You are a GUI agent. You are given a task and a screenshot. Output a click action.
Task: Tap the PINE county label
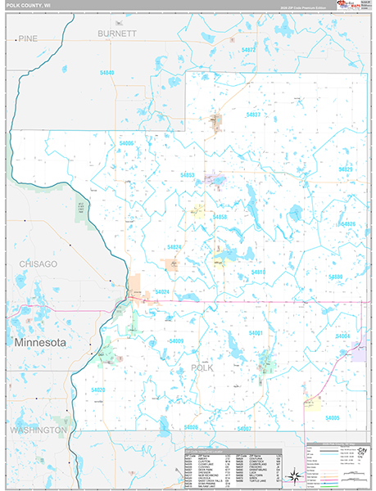tap(29, 38)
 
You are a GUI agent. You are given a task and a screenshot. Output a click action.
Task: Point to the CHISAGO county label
tap(39, 264)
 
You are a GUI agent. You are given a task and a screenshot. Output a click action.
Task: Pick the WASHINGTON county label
tap(39, 430)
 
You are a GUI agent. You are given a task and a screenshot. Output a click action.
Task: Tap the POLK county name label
tap(202, 368)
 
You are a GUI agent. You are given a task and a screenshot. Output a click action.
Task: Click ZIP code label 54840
tap(106, 74)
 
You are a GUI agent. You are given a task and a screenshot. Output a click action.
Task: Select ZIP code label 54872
tap(249, 50)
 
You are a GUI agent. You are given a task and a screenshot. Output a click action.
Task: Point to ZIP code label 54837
tap(251, 115)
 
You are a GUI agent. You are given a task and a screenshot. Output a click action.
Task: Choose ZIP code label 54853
tap(188, 175)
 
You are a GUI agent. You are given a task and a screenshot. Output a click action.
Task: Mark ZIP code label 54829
tap(344, 169)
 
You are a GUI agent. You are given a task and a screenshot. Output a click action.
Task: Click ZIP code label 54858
tap(220, 217)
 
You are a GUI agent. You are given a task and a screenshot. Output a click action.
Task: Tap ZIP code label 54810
tap(259, 272)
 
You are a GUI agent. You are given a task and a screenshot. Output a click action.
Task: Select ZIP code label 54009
tap(177, 340)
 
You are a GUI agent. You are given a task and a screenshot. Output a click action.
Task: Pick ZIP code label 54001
tap(256, 334)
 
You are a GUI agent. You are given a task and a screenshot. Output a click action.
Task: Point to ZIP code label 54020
tap(98, 390)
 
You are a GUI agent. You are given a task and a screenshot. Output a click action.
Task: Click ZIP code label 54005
tap(332, 418)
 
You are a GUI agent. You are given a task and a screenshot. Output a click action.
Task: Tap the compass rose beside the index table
tap(292, 472)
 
